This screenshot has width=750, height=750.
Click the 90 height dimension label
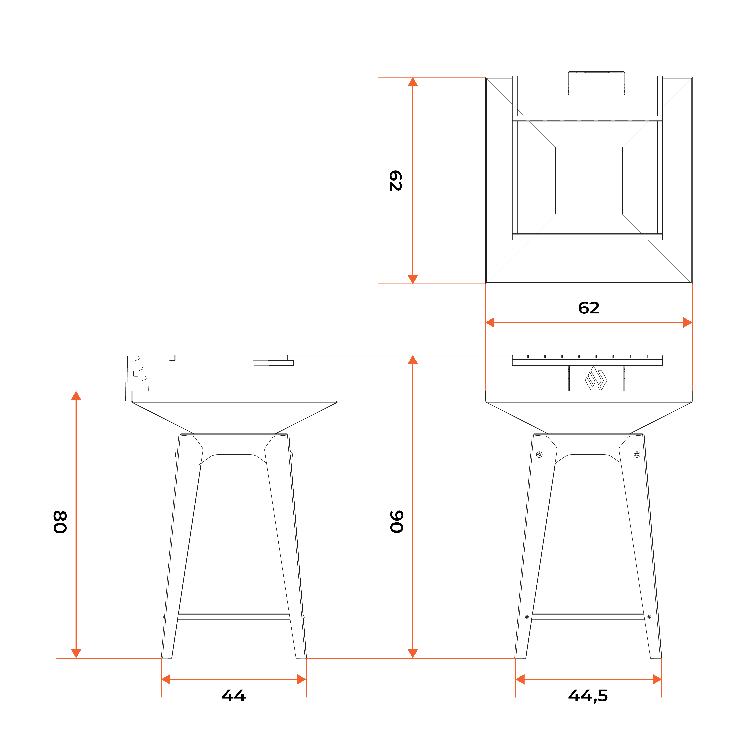point(397,522)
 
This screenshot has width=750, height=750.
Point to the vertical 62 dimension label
point(396,180)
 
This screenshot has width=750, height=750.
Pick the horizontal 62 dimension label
point(589,308)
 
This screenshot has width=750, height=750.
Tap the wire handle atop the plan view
point(596,73)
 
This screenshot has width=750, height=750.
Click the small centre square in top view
point(589,180)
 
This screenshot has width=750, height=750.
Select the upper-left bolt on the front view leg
point(539,455)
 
